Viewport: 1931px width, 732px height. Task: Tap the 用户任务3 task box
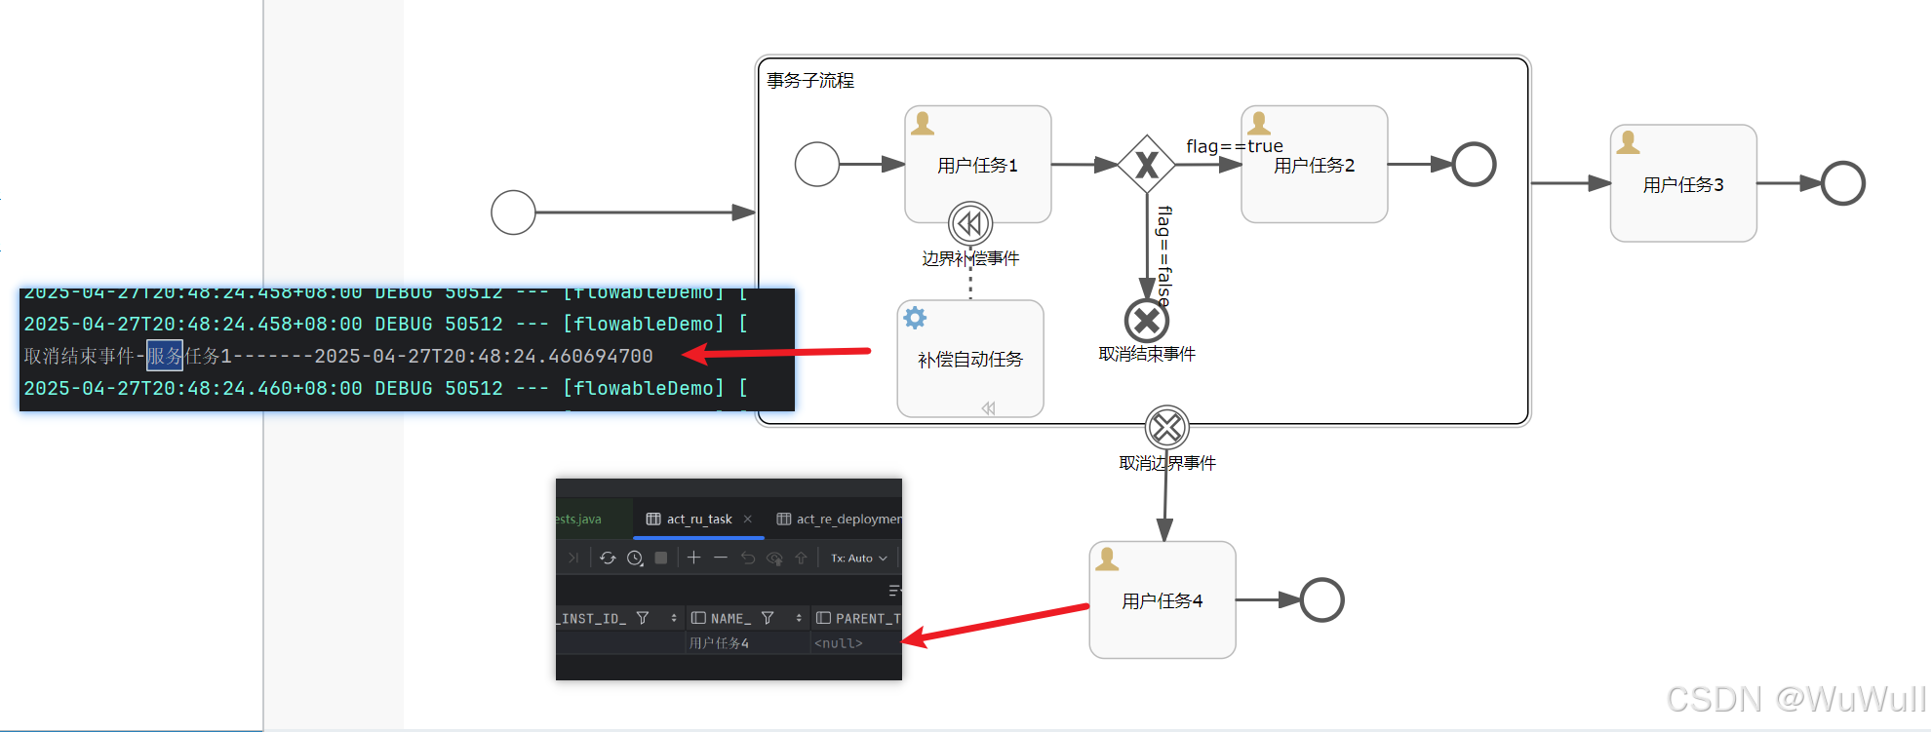click(x=1683, y=183)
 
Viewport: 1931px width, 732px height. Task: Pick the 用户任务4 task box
click(x=1162, y=600)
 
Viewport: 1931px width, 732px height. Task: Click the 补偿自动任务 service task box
click(x=970, y=359)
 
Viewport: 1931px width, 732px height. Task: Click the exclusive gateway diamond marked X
click(x=1146, y=165)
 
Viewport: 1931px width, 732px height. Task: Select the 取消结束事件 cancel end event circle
click(x=1146, y=320)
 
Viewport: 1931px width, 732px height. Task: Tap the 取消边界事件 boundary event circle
click(x=1166, y=427)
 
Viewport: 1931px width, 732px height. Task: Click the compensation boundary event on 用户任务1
click(x=970, y=223)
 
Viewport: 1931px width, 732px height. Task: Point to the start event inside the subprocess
click(x=816, y=164)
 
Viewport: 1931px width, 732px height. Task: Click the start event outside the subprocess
click(x=513, y=212)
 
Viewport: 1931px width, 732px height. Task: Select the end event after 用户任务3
click(x=1842, y=183)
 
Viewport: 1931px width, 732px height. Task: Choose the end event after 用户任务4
click(x=1321, y=600)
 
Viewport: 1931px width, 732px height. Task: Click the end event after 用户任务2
click(x=1474, y=164)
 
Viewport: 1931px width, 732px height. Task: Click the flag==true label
click(x=1234, y=146)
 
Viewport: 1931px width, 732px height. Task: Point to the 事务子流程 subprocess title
click(x=810, y=80)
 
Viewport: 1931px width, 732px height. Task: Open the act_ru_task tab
click(x=698, y=519)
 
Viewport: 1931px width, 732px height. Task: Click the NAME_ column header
click(x=730, y=618)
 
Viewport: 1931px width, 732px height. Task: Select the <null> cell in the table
click(x=839, y=643)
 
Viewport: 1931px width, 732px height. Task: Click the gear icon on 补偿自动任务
click(x=915, y=318)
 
